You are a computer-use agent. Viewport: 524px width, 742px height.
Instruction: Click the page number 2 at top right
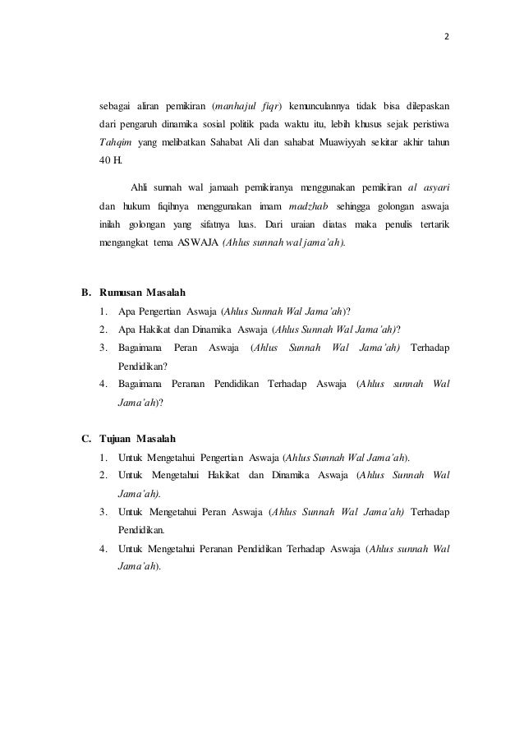(x=448, y=38)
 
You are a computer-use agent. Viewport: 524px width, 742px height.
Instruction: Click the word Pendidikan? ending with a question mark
(x=143, y=366)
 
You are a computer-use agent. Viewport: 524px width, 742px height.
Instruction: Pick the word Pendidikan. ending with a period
(x=142, y=530)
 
